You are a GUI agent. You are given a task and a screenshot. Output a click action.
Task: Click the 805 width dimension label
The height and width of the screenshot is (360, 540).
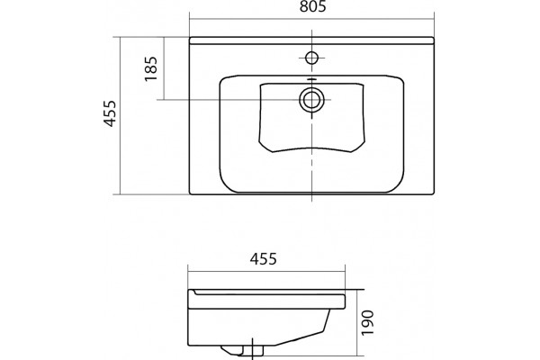[x=312, y=6]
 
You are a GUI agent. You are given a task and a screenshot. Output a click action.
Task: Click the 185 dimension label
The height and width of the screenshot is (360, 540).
[x=151, y=68]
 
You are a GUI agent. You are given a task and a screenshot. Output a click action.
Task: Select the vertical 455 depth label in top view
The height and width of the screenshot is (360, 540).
[x=110, y=113]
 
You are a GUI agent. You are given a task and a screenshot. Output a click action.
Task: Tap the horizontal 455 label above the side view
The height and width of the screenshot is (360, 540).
[x=263, y=258]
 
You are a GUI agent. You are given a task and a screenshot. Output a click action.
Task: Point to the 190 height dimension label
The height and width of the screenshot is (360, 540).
[x=367, y=322]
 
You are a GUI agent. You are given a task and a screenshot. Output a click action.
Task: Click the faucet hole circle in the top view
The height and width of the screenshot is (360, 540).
[x=311, y=58]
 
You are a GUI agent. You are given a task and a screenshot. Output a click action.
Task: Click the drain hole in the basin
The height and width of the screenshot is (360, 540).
[x=311, y=100]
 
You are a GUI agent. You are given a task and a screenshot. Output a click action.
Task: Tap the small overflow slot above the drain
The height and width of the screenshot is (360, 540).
[x=311, y=79]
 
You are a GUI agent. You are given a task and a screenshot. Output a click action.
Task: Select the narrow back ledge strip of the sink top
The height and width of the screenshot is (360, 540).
[x=311, y=40]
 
